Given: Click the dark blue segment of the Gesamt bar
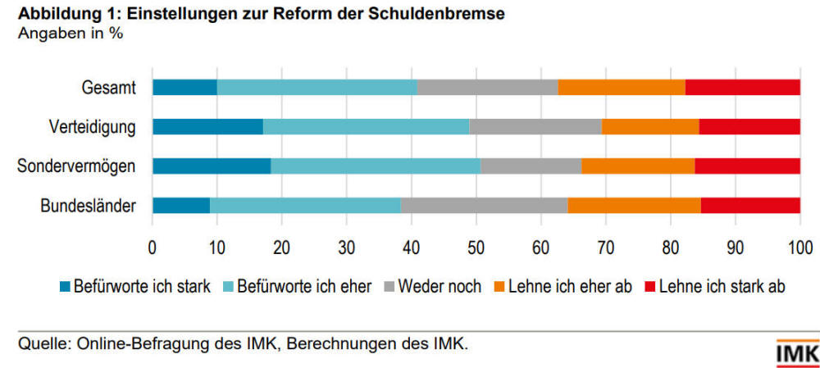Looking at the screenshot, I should click(x=184, y=87).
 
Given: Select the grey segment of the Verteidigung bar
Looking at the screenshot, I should click(x=535, y=126).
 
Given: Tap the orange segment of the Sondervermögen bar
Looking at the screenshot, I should click(x=638, y=166).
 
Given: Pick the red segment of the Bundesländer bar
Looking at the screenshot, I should click(x=750, y=205).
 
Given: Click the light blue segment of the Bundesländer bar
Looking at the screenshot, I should click(x=305, y=205).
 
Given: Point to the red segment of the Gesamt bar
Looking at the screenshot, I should click(x=742, y=87).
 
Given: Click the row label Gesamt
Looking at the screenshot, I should click(x=108, y=87).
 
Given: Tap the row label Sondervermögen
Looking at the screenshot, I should click(x=76, y=166).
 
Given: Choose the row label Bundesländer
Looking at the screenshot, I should click(x=88, y=205).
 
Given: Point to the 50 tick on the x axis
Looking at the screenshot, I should click(x=476, y=245).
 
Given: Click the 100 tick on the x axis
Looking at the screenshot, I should click(x=799, y=245).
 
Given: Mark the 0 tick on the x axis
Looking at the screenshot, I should click(x=153, y=245).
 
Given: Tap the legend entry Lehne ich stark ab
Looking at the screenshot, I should click(x=722, y=287).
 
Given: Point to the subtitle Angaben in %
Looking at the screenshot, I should click(x=70, y=35).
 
